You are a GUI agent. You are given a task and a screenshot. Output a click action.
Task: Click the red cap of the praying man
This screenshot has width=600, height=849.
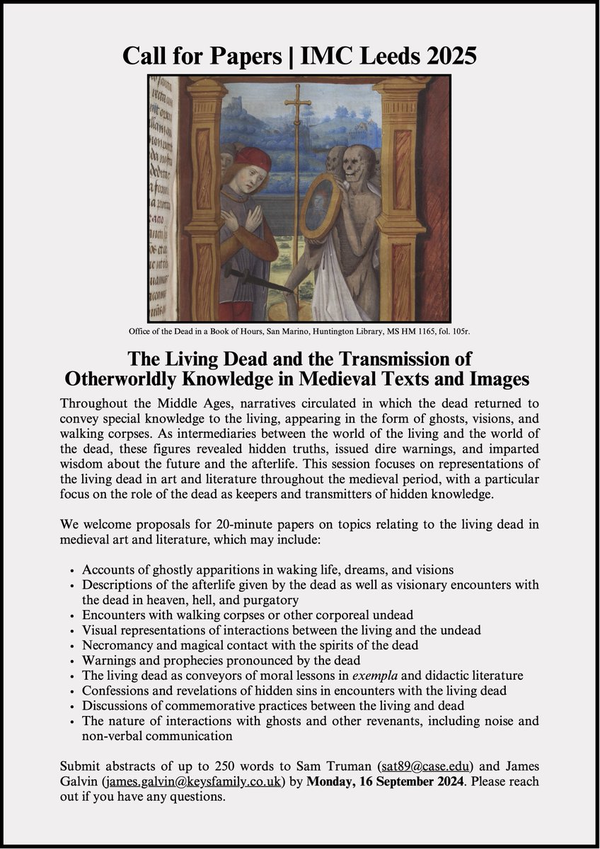(x=253, y=160)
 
